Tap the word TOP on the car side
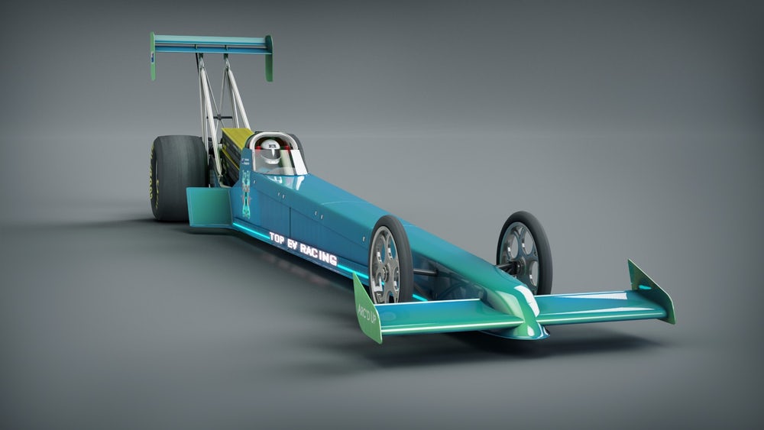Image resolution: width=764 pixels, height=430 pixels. click(277, 238)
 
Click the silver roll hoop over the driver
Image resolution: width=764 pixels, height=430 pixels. click(271, 137)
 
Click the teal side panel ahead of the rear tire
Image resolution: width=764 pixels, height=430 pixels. click(208, 206)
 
